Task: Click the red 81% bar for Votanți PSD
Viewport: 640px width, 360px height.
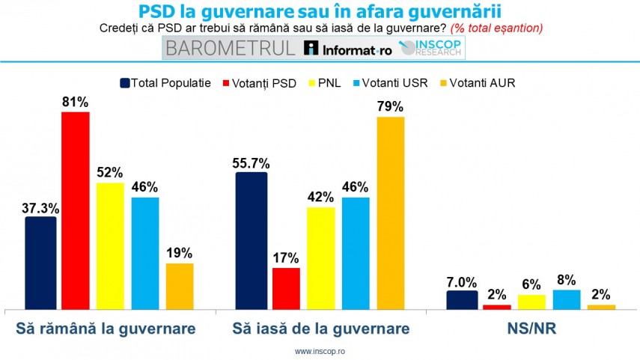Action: pos(75,210)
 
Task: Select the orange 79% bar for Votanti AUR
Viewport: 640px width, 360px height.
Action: pos(391,213)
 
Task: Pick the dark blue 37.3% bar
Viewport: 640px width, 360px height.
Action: pos(40,262)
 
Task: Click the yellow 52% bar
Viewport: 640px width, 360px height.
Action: pos(110,245)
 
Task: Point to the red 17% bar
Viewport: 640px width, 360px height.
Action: pos(286,288)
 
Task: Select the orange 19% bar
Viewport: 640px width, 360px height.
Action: pos(180,286)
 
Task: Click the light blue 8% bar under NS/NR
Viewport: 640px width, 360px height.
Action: pos(566,299)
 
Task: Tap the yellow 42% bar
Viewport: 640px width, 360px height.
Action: pos(321,257)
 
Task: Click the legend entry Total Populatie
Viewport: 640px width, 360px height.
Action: pos(165,82)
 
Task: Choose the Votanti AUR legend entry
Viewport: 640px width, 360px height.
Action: pos(482,82)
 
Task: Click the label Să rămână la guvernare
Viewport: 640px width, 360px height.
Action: pos(106,329)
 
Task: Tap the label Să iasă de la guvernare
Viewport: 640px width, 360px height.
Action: pos(320,329)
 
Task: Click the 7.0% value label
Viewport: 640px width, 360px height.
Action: pos(462,282)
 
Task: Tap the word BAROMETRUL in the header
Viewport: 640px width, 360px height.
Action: pos(231,49)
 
